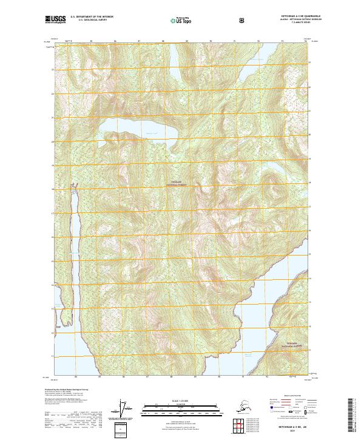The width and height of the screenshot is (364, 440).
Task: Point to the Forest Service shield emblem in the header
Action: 243,20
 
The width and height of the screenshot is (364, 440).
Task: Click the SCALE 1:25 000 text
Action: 182,401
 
